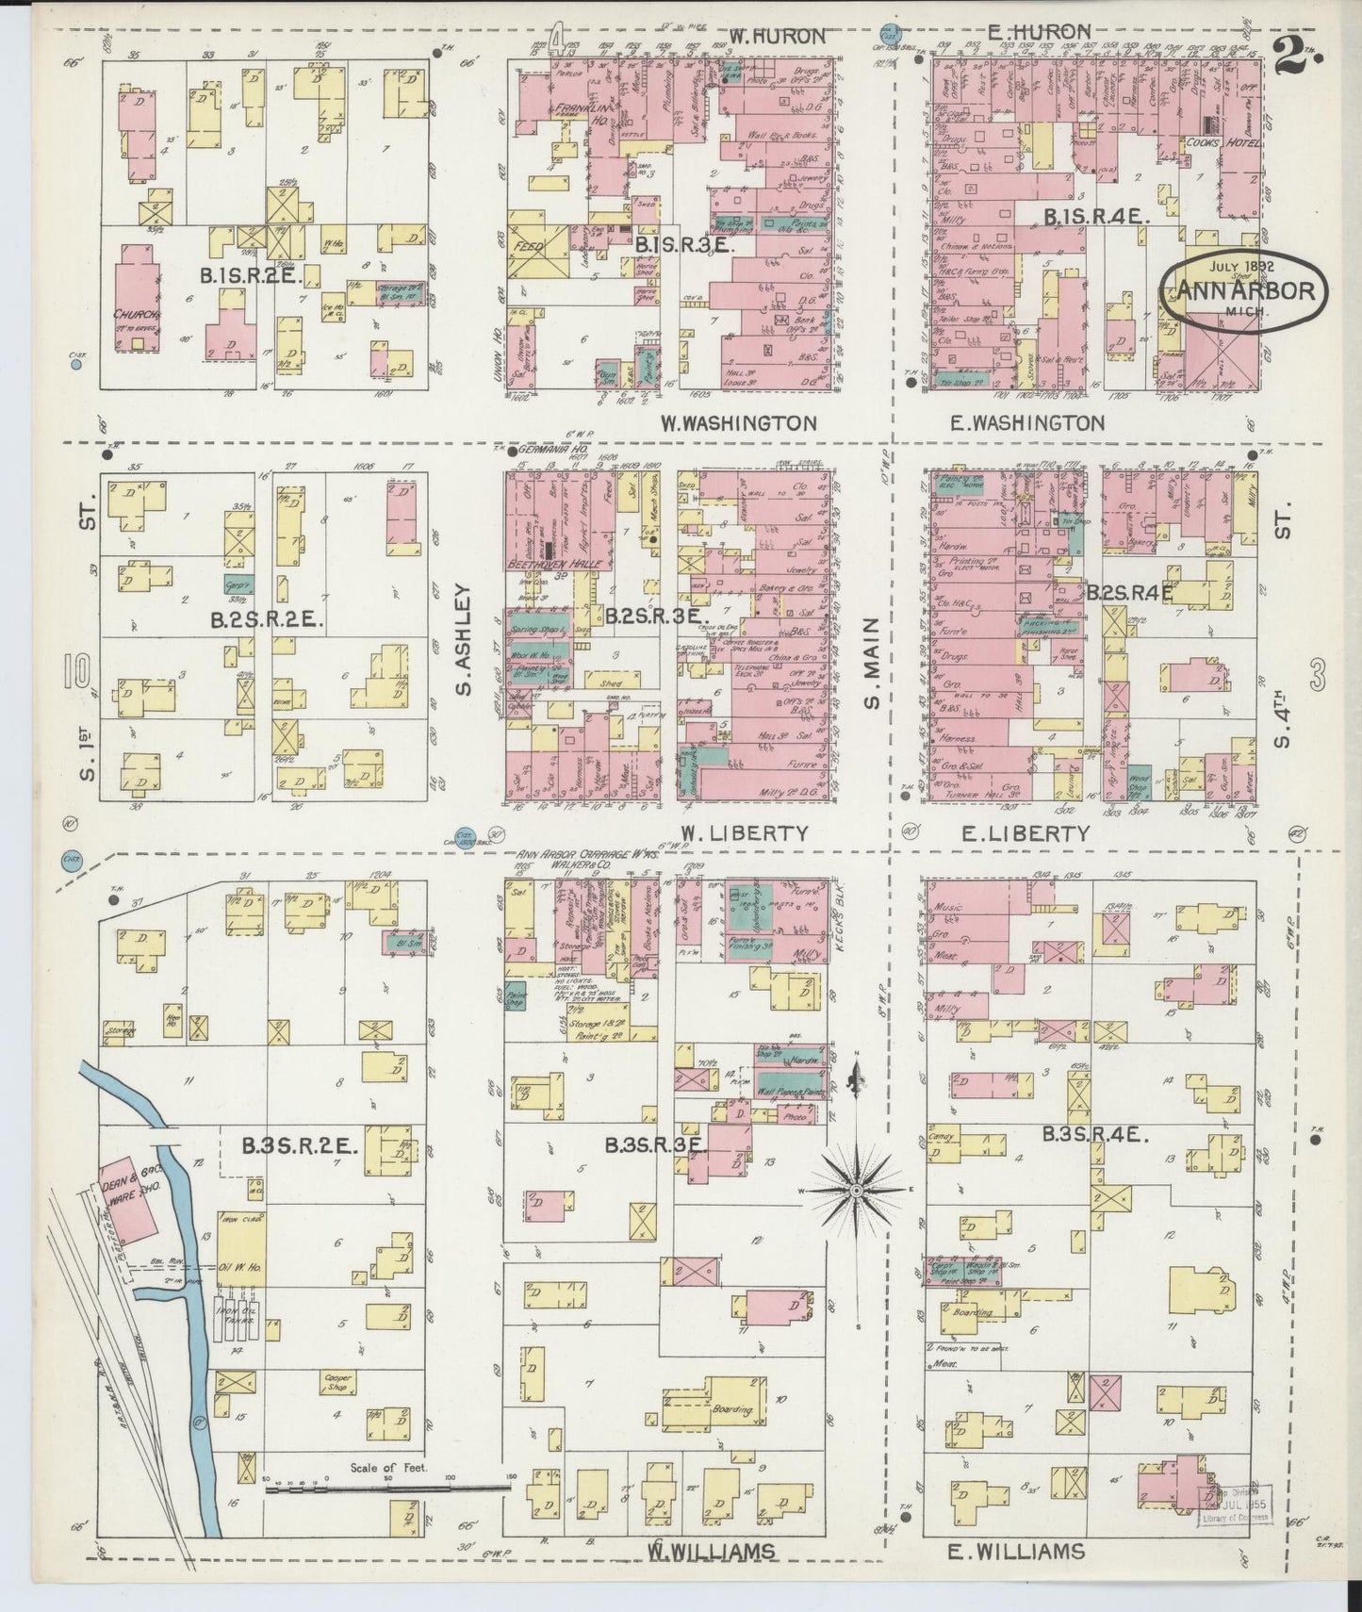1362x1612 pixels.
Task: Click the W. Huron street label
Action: (x=778, y=37)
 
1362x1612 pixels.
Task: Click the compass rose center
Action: (x=856, y=1192)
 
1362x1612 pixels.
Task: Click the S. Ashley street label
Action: (x=464, y=639)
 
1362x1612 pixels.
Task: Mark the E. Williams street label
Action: (x=1016, y=1551)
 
